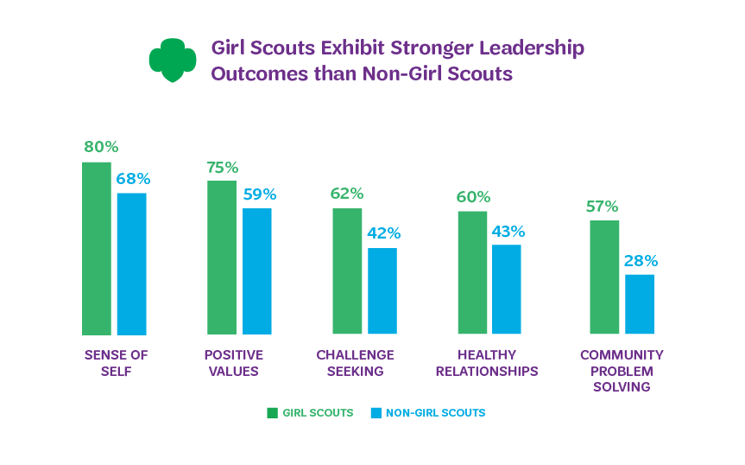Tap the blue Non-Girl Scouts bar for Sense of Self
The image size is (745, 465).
[x=131, y=264]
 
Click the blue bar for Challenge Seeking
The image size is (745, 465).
[x=382, y=290]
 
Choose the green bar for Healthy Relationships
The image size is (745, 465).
[x=472, y=272]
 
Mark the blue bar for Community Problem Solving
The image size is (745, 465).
[x=640, y=304]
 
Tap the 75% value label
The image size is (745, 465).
[x=222, y=167]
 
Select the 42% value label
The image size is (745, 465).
[x=383, y=233]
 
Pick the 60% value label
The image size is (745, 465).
[x=473, y=197]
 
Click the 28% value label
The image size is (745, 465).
[x=641, y=260]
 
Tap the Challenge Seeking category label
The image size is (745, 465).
[x=355, y=363]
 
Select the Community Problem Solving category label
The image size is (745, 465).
[x=622, y=371]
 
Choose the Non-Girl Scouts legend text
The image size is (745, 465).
[x=435, y=413]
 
